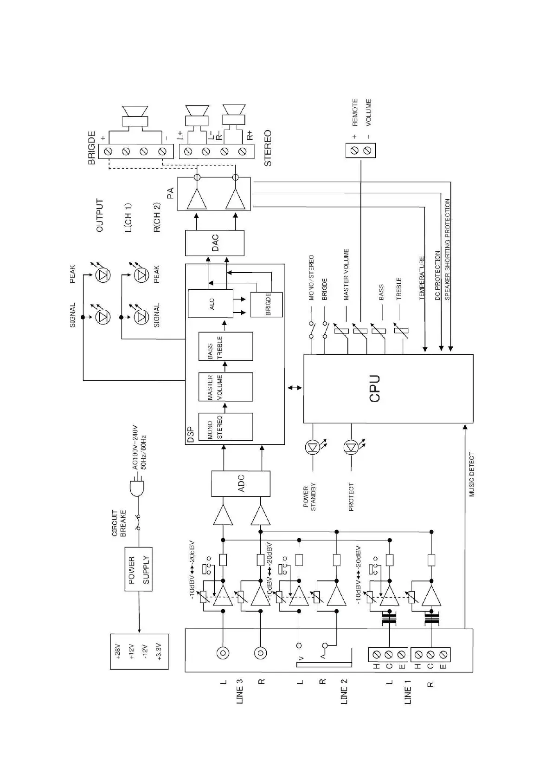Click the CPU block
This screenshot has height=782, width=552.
point(388,388)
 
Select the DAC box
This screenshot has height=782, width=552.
point(214,242)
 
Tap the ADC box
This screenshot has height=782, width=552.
point(240,483)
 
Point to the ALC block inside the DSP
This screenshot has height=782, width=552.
point(211,304)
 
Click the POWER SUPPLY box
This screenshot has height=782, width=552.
point(139,569)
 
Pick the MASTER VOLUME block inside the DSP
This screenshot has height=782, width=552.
point(225,387)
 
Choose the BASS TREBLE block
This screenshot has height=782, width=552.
point(225,346)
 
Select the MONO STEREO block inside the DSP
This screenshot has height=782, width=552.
point(225,427)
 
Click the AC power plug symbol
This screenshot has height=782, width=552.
point(137,488)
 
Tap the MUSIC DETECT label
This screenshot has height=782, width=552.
point(472,475)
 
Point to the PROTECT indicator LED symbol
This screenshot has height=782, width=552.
point(351,447)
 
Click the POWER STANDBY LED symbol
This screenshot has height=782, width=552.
point(312,447)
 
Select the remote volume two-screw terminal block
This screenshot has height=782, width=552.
point(360,150)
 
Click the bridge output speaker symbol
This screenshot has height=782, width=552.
point(135,116)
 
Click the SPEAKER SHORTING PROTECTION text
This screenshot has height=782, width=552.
point(447,249)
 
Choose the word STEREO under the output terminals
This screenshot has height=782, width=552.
point(268,148)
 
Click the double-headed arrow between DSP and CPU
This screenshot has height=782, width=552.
point(294,387)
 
